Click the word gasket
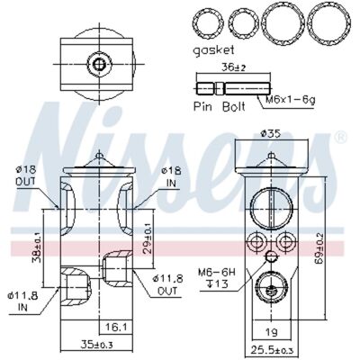(x=213, y=50)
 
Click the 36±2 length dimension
(x=233, y=67)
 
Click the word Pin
(x=202, y=107)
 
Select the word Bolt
(x=233, y=107)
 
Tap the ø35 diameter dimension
(x=271, y=133)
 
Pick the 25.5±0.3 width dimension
(x=273, y=350)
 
